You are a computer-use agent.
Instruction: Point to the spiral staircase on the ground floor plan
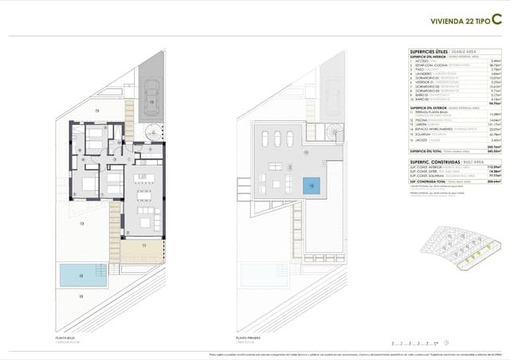151,131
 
